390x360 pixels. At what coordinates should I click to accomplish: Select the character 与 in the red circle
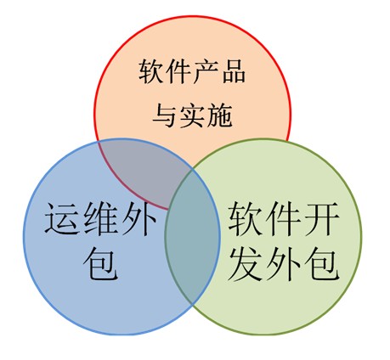[x=164, y=115]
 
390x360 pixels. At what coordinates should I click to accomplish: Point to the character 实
[x=192, y=115]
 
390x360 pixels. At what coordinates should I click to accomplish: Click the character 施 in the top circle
[x=220, y=115]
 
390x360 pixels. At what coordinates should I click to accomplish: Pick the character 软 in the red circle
[x=150, y=71]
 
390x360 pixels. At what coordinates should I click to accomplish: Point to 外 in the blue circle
[x=138, y=218]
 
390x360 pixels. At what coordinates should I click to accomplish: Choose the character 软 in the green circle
[x=245, y=219]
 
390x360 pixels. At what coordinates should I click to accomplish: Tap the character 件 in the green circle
[x=284, y=219]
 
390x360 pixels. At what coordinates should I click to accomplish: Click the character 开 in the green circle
[x=322, y=219]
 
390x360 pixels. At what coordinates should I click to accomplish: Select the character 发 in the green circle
[x=245, y=264]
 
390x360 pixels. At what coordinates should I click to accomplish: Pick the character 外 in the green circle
[x=284, y=264]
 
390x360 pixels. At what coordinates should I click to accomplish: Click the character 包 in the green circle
[x=322, y=264]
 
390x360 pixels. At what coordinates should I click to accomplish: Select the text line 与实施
[x=192, y=115]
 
